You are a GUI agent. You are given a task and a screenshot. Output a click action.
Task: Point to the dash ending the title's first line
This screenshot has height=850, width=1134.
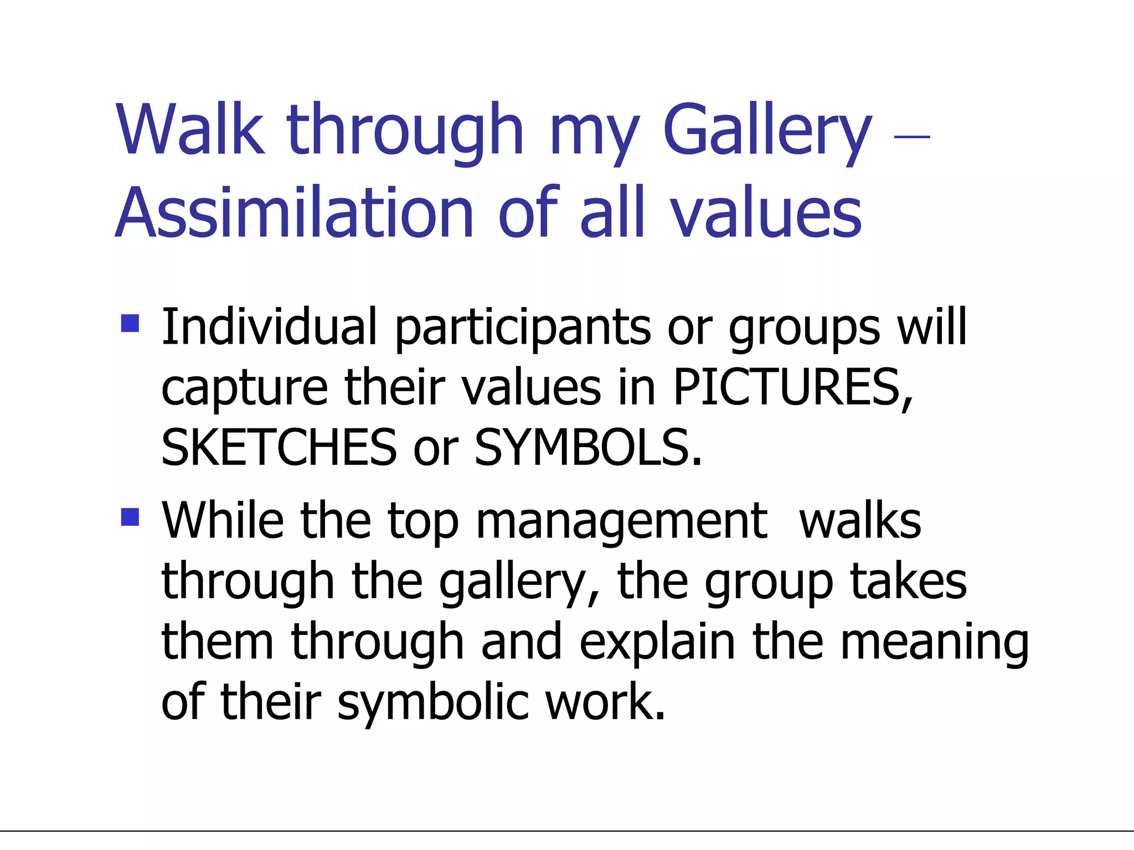912,136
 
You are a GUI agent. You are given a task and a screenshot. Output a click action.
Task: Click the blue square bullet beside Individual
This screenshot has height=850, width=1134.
130,323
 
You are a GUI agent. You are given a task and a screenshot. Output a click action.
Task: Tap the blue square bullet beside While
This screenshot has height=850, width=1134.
130,517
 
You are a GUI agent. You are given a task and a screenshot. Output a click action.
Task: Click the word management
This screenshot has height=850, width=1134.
621,523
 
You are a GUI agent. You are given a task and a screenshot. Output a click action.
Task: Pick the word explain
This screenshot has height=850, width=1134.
657,643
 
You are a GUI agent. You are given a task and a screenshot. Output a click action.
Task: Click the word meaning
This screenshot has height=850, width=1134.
934,644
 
